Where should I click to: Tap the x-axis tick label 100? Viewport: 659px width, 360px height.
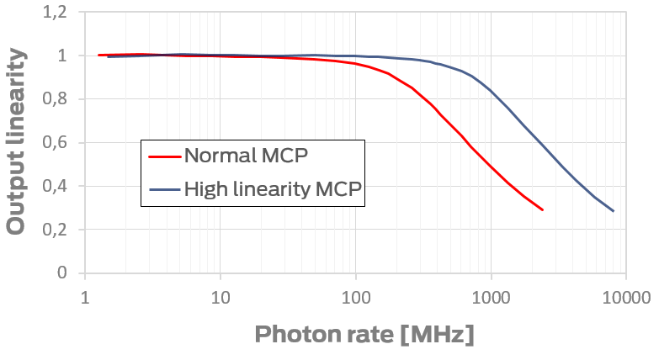356,298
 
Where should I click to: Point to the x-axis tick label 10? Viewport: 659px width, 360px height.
221,298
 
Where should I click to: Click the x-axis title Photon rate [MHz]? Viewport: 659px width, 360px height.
364,335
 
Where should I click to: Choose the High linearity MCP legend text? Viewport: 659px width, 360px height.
273,191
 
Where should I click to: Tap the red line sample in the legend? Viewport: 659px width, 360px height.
164,156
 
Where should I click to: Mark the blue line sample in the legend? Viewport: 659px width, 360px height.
164,191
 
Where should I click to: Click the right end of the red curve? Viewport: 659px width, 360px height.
542,209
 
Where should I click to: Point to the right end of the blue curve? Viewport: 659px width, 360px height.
613,210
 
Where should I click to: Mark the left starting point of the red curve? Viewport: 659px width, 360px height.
98,55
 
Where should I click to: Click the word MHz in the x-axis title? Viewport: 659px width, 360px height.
438,335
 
